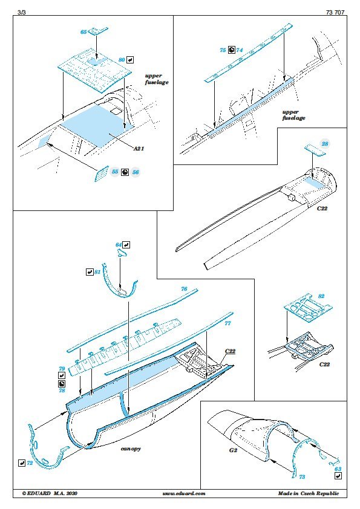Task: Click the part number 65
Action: coord(83,32)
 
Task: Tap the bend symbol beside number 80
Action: coord(129,60)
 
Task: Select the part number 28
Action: coord(324,143)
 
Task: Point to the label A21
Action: coord(139,148)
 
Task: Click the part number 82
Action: coord(321,296)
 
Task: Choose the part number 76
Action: coord(184,288)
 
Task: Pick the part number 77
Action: coord(227,323)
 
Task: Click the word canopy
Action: coord(131,449)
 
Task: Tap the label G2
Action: coord(234,450)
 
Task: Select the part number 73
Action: coord(302,476)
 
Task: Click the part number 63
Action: coord(338,468)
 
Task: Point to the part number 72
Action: coord(30,463)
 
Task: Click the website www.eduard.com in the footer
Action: coord(184,493)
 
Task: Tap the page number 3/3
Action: coord(21,12)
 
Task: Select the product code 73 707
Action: coord(335,12)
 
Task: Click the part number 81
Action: coord(97,272)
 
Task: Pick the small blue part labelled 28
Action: coord(315,151)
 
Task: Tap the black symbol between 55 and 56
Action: coord(125,172)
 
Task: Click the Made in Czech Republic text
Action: coord(309,493)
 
